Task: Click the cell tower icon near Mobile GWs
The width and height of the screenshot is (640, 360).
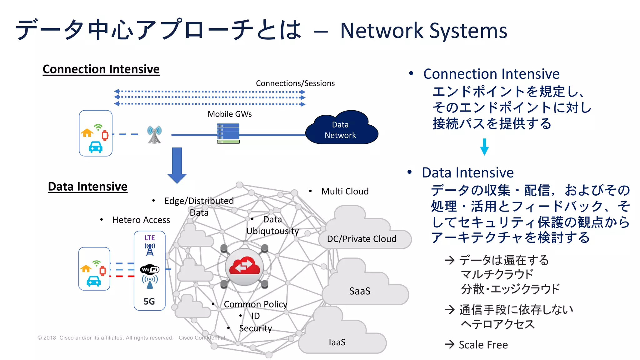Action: pos(154,135)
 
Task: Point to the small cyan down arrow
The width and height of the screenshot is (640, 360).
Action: pos(484,147)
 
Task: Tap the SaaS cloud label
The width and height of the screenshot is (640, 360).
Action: pos(360,291)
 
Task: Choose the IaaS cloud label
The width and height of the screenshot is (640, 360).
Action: pos(337,342)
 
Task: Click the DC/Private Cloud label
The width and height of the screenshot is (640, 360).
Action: pos(362,239)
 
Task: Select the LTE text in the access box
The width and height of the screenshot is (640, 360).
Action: pos(150,238)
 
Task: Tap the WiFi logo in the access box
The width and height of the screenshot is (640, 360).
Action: pos(150,269)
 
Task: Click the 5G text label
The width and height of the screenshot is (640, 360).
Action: pos(149,301)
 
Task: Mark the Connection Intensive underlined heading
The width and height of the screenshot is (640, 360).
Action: pos(101,69)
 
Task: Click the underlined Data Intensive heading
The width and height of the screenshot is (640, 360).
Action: pos(87,187)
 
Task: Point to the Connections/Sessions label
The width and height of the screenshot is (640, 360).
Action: pos(295,83)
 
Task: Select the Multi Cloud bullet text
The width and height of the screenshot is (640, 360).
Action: pos(345,191)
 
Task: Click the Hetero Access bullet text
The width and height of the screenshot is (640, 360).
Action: pos(141,220)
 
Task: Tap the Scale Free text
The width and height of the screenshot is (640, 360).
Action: pos(483,345)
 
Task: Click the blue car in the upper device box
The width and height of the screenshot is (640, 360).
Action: pos(96,147)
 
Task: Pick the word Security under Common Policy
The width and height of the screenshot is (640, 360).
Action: pos(255,328)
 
